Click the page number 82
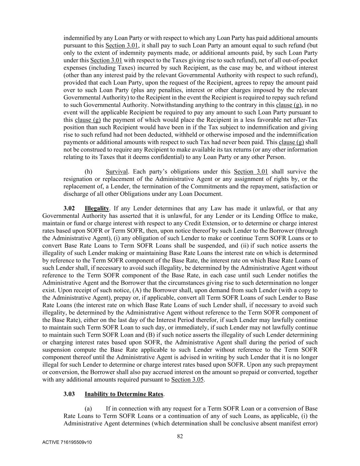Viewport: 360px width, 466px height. point(180,436)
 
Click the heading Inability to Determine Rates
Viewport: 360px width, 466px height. point(124,394)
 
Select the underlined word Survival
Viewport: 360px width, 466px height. point(117,171)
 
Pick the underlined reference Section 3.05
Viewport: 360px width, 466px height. point(187,379)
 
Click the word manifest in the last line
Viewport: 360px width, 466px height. point(286,424)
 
